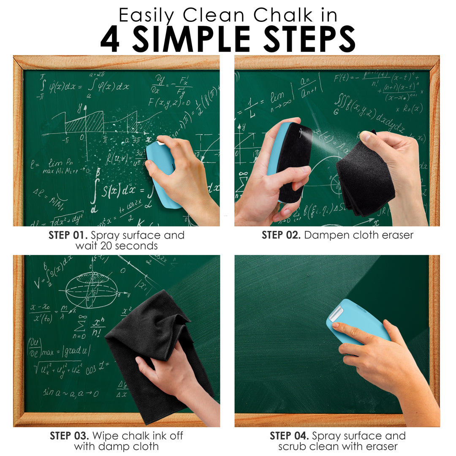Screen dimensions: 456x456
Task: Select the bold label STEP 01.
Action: click(68, 235)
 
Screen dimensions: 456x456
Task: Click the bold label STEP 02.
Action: click(281, 235)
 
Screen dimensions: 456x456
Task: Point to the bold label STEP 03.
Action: click(69, 436)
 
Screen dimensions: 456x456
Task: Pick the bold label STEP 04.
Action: click(289, 436)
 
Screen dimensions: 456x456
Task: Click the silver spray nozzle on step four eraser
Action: click(337, 312)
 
